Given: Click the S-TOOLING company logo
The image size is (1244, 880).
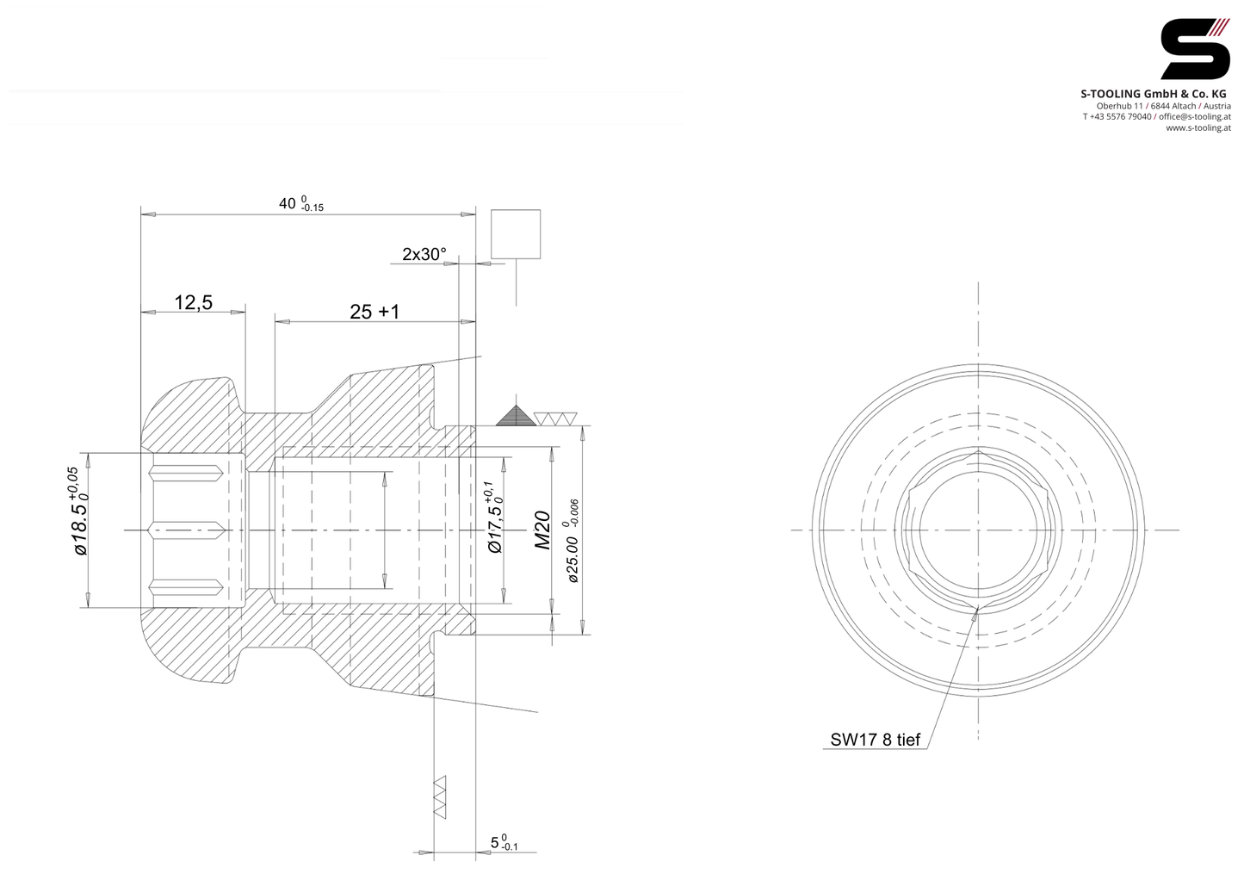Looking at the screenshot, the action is pos(1195,49).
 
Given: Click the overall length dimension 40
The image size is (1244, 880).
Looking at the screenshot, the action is pos(288,204).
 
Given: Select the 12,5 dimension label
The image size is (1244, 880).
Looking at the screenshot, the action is pos(193,303).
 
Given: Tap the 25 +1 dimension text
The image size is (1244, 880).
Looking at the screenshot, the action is pos(374,312).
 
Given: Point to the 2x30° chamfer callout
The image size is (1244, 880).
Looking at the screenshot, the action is pos(424,255).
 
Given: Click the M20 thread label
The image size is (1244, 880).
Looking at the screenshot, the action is pos(542,530).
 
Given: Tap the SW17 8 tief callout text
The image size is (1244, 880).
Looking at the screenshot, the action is pos(876,740).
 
